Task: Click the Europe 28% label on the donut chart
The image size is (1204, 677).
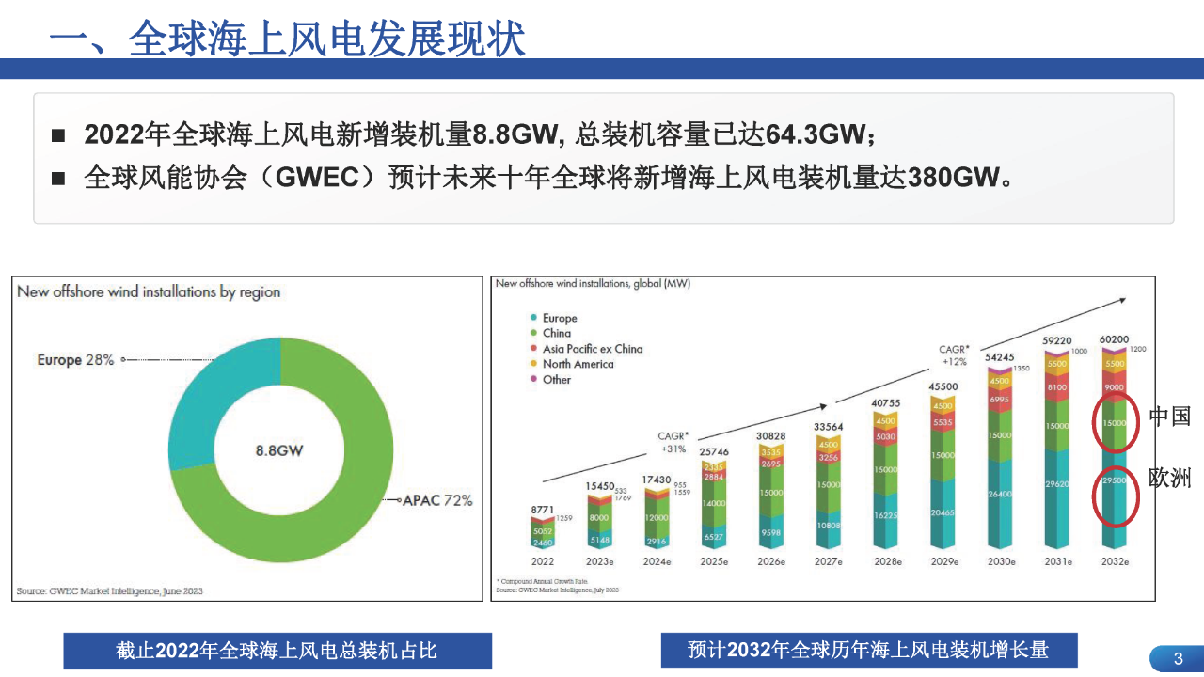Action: pos(75,360)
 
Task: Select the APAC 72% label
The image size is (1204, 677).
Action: pos(437,500)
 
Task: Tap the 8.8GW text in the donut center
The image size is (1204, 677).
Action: pos(279,450)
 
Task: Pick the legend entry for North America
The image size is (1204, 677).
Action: pos(578,364)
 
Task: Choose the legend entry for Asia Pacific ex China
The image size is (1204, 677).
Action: pos(593,349)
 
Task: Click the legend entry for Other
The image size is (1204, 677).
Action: pos(556,380)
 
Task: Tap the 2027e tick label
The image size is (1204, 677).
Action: pos(829,561)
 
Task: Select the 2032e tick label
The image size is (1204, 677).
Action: pos(1115,561)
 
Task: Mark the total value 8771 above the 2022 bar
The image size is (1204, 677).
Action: pos(543,509)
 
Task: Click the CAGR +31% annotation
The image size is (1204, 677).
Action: pos(673,442)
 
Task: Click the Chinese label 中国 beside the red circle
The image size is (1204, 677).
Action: pos(1170,416)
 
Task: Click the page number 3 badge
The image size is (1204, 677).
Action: pos(1178,659)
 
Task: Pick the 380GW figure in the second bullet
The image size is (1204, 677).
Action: pos(952,178)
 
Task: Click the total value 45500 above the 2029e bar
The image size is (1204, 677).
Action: pos(943,386)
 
